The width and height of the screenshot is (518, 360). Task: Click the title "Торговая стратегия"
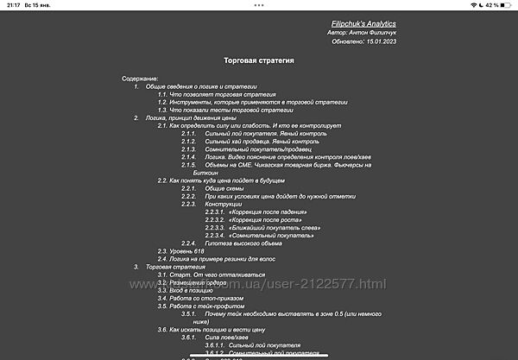click(x=260, y=61)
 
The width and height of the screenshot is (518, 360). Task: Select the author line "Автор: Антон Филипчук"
click(x=362, y=31)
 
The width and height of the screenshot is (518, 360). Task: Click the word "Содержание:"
click(x=140, y=79)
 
